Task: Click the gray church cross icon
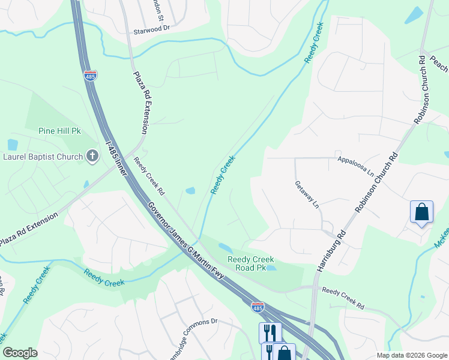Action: click(92, 157)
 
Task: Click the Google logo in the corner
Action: click(20, 353)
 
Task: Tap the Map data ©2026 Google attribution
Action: click(411, 355)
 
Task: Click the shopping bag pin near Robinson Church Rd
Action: click(421, 212)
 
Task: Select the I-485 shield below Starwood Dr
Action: click(90, 75)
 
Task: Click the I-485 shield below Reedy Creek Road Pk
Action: click(258, 307)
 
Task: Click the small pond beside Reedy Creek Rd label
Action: click(190, 191)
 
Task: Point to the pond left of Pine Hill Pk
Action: click(13, 145)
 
